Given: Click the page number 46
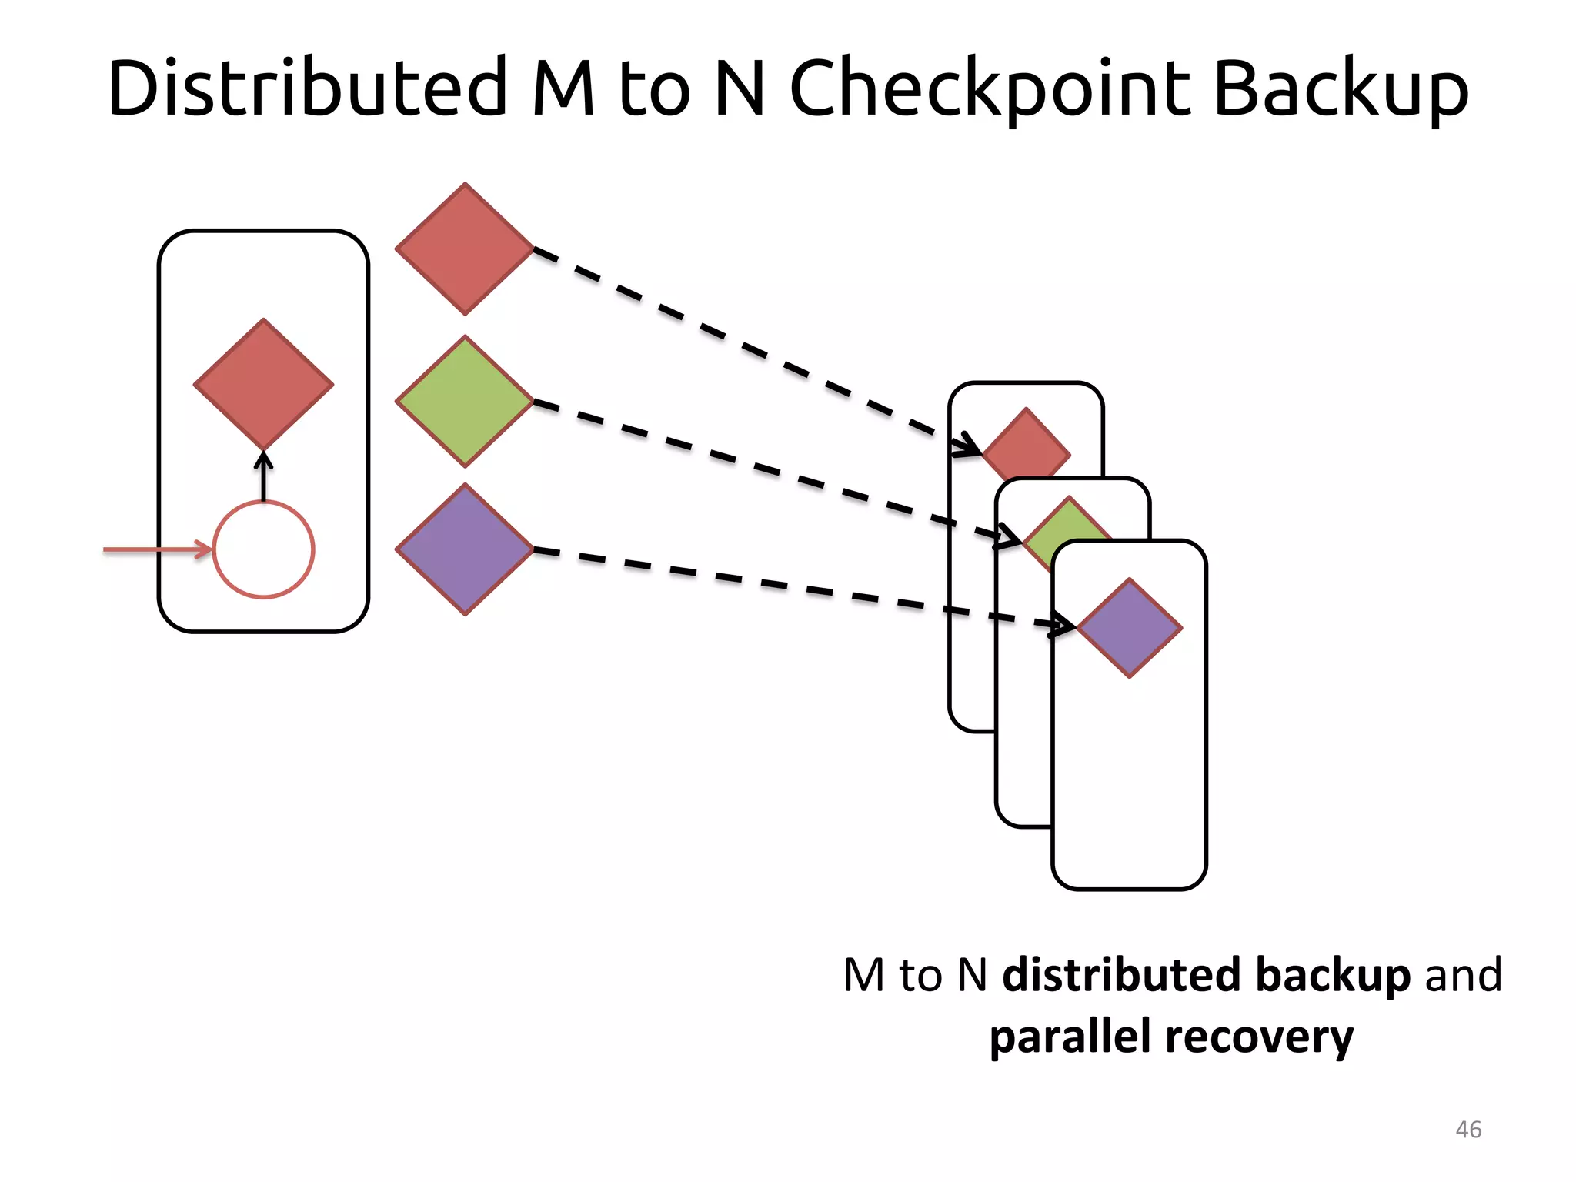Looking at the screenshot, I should click(x=1468, y=1130).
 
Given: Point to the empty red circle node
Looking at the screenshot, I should click(x=263, y=549).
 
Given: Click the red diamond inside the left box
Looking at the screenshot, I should click(x=263, y=384).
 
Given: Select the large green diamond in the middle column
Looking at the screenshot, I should click(x=465, y=401).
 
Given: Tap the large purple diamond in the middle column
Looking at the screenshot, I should click(x=465, y=549).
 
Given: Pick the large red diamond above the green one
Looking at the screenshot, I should click(x=465, y=249).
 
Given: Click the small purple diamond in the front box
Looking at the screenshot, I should click(x=1129, y=628).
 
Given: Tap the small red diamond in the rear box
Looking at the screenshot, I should click(x=1026, y=446).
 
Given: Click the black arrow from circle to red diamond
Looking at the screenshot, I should click(x=263, y=477).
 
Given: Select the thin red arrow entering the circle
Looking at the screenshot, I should click(x=154, y=549).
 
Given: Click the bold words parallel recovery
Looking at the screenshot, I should click(x=1170, y=1037).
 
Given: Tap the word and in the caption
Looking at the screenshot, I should click(x=1463, y=975).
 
